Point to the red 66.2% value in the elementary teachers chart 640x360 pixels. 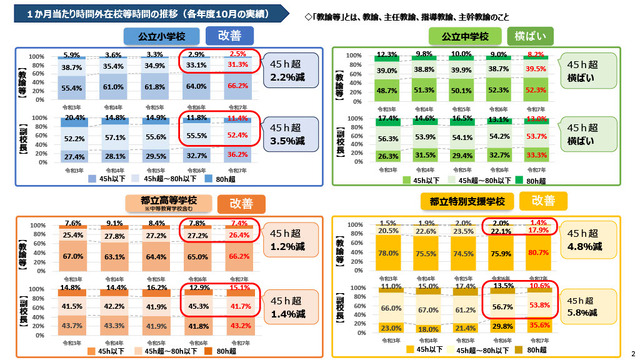(x=238, y=87)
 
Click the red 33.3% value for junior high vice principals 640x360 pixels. (x=562, y=156)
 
